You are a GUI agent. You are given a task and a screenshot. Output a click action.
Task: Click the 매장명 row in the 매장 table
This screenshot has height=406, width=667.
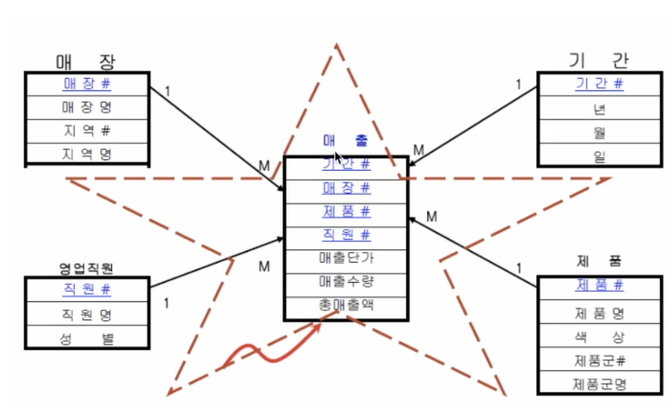click(x=87, y=107)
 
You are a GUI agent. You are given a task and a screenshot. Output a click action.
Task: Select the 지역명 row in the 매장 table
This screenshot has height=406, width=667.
click(x=87, y=154)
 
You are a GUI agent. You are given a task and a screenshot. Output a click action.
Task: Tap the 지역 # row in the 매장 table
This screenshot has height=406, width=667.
click(x=87, y=131)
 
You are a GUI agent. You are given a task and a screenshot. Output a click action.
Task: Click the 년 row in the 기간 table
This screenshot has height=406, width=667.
click(x=599, y=108)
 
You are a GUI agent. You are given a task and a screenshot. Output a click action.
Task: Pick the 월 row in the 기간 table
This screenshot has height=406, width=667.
click(x=599, y=132)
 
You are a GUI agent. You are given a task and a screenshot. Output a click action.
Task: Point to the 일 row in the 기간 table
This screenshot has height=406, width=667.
click(x=599, y=156)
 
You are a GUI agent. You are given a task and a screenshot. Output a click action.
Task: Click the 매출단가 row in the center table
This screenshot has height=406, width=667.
click(x=346, y=258)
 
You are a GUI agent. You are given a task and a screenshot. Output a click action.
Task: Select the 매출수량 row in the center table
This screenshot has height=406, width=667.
click(x=346, y=281)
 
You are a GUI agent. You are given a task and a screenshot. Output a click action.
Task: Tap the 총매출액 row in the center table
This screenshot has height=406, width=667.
click(x=346, y=305)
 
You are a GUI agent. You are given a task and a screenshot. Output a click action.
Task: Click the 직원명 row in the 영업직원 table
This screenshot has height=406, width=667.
click(x=87, y=314)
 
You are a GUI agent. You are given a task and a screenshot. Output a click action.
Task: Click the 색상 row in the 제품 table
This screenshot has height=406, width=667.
click(x=599, y=337)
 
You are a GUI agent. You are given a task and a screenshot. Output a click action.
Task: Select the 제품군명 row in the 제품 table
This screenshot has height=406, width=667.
click(x=599, y=384)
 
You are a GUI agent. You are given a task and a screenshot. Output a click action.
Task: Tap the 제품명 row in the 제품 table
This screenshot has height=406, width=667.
click(x=599, y=313)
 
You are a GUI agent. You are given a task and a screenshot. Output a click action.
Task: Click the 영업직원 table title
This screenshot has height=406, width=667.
click(x=86, y=269)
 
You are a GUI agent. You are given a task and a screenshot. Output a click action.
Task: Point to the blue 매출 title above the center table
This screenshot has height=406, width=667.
click(x=345, y=140)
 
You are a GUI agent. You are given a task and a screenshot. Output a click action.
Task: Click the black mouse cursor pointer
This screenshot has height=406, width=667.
click(x=338, y=158)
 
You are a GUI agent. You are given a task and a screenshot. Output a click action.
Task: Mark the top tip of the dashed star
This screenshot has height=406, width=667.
click(x=336, y=45)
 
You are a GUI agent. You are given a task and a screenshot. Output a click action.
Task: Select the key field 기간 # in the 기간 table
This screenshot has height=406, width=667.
click(x=599, y=84)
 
